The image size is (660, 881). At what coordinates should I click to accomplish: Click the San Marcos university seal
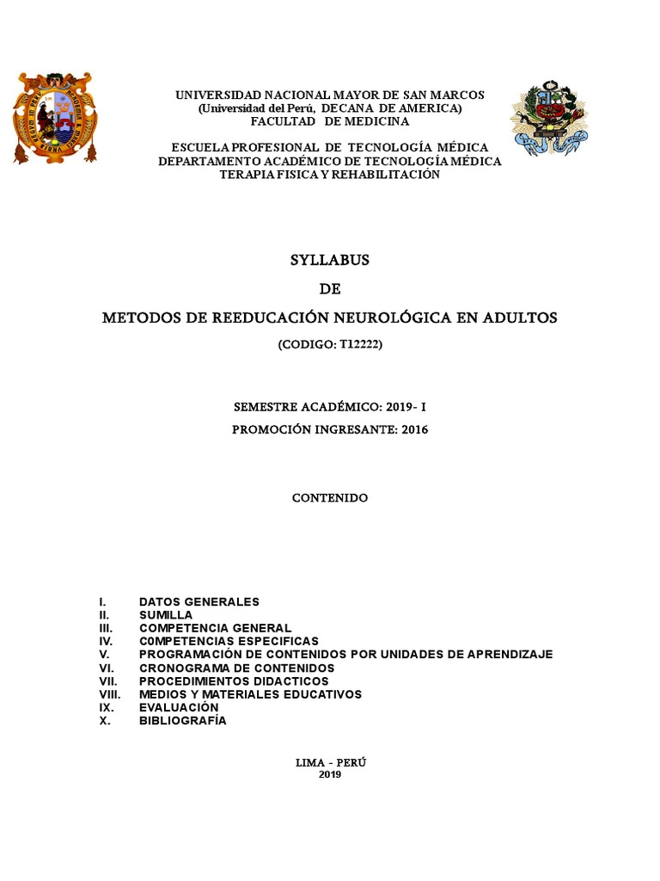(54, 118)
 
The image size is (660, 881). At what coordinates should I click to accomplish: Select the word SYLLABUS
(329, 260)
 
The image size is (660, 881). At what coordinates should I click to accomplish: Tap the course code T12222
(352, 345)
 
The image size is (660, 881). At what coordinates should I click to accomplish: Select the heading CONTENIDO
(329, 498)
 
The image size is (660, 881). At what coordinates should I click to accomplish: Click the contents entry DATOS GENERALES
(199, 602)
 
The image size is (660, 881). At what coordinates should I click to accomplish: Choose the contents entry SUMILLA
(166, 615)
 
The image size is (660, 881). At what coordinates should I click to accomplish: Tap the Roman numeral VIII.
(110, 694)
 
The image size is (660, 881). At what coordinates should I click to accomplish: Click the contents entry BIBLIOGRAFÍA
(182, 721)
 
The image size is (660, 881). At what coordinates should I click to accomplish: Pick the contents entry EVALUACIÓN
(179, 707)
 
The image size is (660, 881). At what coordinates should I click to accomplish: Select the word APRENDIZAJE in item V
(511, 655)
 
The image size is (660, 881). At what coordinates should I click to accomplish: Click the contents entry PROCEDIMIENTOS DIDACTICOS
(234, 681)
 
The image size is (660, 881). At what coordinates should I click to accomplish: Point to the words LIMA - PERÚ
(330, 762)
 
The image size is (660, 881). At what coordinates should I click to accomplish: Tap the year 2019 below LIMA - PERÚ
(330, 774)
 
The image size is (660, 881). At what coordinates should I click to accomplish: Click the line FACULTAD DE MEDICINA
(330, 121)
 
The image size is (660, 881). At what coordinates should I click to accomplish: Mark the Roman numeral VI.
(106, 668)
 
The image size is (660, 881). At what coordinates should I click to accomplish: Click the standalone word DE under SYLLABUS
(329, 289)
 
